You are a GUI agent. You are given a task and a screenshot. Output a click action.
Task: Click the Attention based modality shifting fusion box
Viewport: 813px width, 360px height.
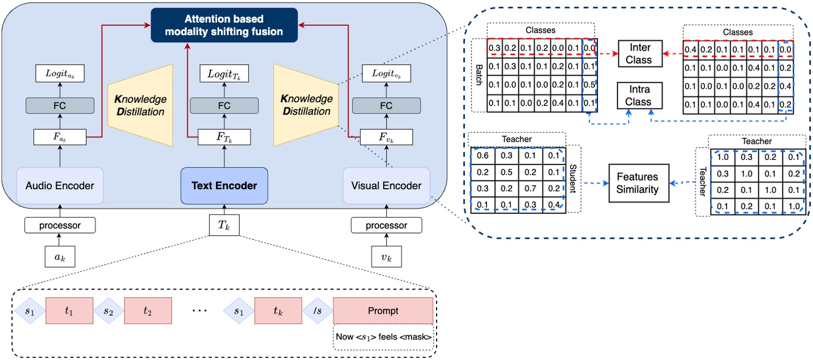pos(224,25)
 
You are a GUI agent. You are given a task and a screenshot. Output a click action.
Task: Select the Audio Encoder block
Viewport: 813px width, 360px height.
pos(60,186)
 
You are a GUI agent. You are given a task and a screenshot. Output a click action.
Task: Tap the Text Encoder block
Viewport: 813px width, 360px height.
pos(224,186)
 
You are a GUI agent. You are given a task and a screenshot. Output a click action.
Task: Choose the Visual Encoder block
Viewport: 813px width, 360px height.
pos(386,186)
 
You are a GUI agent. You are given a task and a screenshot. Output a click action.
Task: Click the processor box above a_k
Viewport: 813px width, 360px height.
pos(60,225)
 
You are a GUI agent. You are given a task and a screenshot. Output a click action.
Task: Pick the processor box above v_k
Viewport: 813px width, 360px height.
pos(386,225)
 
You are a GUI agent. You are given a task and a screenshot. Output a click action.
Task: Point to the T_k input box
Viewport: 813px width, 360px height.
pos(224,225)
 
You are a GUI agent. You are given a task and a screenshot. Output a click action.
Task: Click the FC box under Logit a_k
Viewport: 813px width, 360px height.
pos(60,106)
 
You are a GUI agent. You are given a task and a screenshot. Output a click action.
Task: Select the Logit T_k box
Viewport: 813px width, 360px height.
pos(224,74)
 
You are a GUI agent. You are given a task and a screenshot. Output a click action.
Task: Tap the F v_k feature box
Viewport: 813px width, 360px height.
pos(386,137)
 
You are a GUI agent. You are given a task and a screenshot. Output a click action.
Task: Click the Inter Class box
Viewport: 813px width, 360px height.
pos(639,54)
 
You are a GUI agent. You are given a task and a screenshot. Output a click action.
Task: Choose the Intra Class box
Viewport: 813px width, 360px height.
pos(639,96)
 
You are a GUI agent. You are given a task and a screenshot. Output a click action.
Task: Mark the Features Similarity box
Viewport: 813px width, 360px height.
pos(638,183)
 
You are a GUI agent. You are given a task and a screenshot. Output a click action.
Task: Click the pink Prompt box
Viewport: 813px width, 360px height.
pos(383,311)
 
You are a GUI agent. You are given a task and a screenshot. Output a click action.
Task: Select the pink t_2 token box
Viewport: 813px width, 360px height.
pos(148,311)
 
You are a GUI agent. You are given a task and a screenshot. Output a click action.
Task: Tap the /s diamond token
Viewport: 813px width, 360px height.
pos(317,311)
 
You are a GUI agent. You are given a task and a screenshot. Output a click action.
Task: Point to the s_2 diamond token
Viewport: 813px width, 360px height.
pos(109,311)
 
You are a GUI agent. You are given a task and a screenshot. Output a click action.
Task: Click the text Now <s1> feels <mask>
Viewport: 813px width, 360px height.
pos(383,337)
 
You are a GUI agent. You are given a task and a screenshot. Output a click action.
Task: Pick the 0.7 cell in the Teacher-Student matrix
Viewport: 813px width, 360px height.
pos(530,188)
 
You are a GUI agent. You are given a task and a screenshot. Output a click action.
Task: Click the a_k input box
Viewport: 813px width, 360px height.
pos(60,257)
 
